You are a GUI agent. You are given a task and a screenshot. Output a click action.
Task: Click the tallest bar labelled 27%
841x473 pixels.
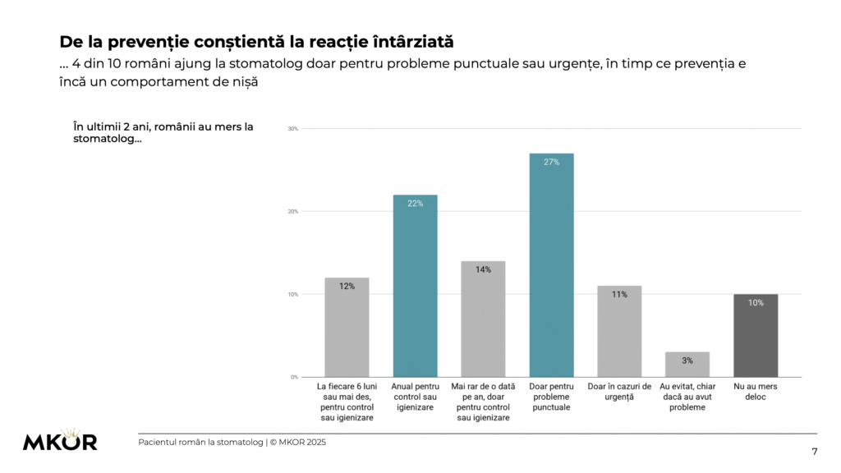click(551, 264)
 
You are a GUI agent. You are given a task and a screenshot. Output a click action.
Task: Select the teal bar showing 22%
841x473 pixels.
click(415, 285)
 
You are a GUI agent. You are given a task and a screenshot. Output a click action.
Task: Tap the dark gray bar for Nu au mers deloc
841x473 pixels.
click(755, 335)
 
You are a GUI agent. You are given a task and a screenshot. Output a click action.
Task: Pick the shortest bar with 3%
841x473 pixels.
click(687, 364)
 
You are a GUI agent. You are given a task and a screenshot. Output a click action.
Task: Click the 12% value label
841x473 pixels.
click(347, 287)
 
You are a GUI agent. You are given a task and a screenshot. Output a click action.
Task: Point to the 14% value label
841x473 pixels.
click(483, 269)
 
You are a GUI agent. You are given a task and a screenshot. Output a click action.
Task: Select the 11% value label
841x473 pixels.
click(619, 294)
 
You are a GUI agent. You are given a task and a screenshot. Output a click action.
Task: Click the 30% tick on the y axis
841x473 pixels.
click(292, 129)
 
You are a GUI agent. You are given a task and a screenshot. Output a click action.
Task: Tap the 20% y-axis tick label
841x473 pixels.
click(292, 212)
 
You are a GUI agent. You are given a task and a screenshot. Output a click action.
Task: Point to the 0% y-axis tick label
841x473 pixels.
click(294, 377)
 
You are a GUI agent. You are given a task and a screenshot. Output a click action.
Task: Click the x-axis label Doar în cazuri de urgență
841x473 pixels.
click(619, 391)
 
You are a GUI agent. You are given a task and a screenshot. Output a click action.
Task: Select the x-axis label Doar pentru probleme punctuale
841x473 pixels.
click(551, 397)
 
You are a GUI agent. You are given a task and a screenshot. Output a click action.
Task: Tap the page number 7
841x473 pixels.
click(814, 451)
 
